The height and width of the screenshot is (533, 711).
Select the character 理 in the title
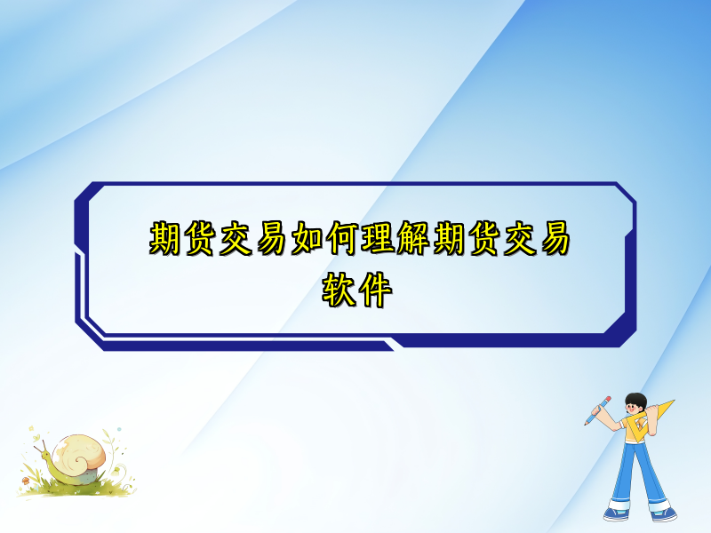click(x=374, y=238)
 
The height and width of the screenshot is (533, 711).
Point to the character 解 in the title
click(x=409, y=238)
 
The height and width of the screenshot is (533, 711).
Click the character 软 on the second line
click(x=339, y=290)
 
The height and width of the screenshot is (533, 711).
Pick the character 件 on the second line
click(x=373, y=290)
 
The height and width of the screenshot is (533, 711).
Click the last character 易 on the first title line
click(x=548, y=238)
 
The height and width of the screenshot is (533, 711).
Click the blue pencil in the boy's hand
click(x=597, y=410)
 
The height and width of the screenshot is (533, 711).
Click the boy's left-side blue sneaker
click(x=616, y=513)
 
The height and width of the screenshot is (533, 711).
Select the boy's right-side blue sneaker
click(x=662, y=513)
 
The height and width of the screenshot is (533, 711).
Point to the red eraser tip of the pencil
click(x=609, y=399)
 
